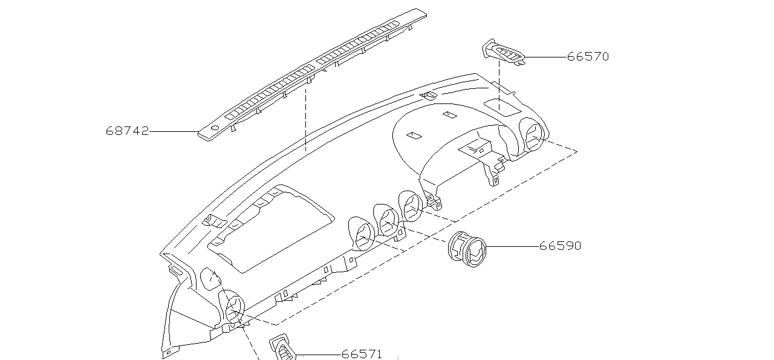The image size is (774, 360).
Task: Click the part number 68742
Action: (127, 131)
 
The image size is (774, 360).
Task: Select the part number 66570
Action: (588, 57)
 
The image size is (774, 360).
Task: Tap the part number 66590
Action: (560, 246)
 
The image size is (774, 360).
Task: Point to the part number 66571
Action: (362, 355)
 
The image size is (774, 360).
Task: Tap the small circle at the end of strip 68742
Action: (213, 128)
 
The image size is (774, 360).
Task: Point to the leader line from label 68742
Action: (174, 131)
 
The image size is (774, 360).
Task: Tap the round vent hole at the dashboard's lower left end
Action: (232, 306)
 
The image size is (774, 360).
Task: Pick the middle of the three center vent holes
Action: (387, 220)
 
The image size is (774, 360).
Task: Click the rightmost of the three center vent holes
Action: (412, 206)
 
